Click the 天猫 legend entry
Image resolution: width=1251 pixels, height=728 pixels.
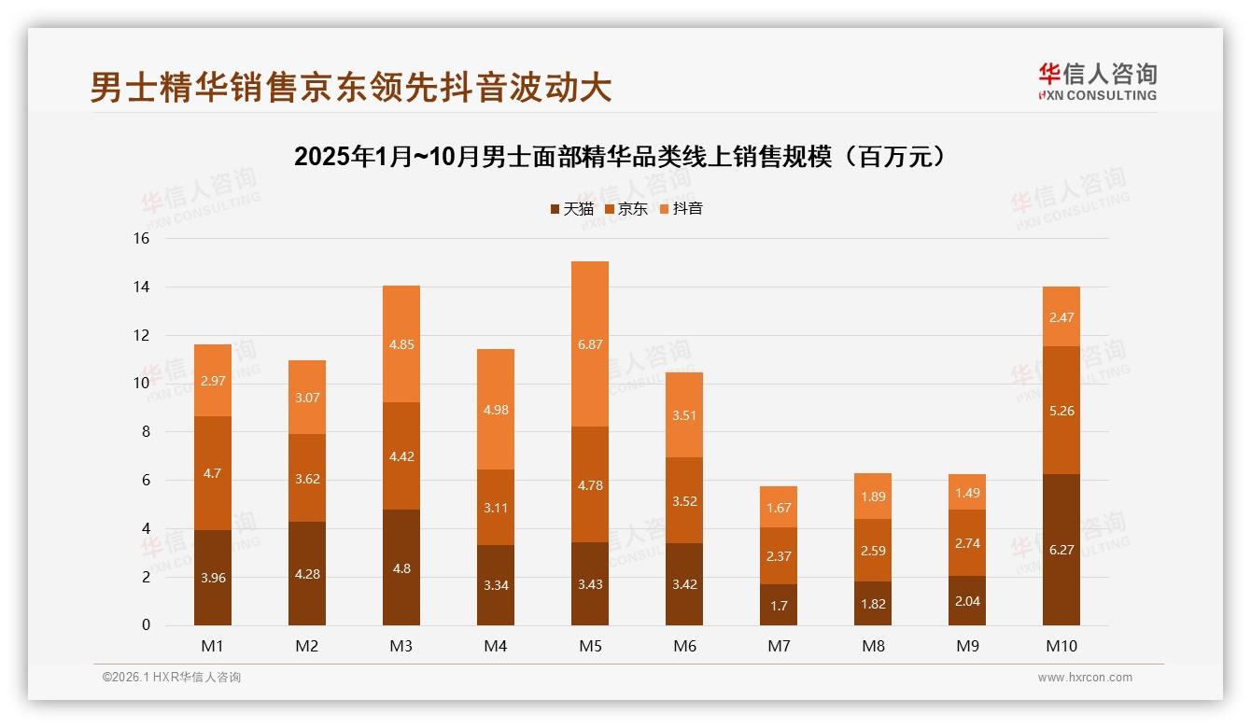[571, 209]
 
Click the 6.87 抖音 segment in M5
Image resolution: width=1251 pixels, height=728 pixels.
[590, 344]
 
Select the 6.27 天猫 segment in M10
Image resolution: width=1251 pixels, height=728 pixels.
[1061, 550]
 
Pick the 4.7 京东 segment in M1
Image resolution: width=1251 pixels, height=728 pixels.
[213, 473]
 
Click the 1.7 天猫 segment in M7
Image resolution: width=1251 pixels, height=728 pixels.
[779, 605]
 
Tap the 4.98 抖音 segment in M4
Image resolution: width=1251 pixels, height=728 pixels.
[496, 410]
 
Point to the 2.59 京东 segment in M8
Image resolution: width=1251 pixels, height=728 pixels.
[873, 551]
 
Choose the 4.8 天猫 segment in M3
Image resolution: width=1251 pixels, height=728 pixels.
[401, 567]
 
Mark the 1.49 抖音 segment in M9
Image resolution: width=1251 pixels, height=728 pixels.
[967, 492]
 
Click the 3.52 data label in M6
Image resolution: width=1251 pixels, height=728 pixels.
[684, 501]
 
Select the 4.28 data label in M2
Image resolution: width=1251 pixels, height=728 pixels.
[307, 574]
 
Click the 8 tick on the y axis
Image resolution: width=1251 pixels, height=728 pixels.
[145, 432]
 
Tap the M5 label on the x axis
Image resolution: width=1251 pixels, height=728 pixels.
[590, 646]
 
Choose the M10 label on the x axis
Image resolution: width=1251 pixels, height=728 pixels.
[1061, 646]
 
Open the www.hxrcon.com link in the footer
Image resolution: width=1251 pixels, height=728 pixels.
[1085, 678]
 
